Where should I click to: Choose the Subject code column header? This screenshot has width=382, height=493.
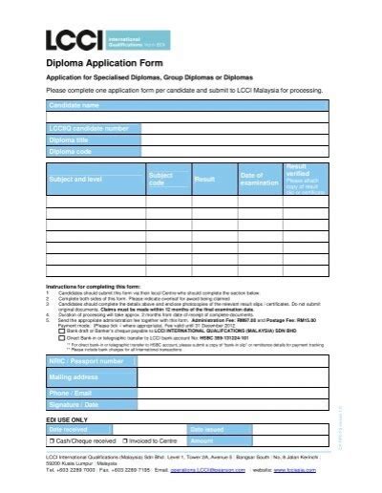(160, 179)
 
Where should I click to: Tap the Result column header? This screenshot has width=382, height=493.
(204, 179)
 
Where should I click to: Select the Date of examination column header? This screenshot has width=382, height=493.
(253, 179)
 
